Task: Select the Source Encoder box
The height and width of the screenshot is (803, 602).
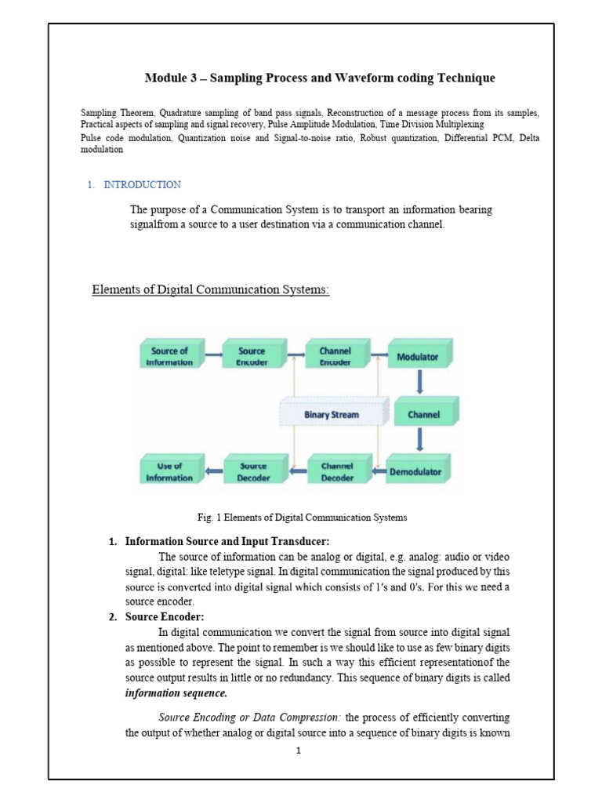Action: (252, 357)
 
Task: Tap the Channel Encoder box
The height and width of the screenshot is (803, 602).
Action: (335, 357)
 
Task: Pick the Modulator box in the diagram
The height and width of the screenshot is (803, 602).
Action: (418, 358)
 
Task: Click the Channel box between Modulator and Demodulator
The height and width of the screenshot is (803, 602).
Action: (422, 414)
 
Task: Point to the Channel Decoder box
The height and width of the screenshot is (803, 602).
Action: (337, 471)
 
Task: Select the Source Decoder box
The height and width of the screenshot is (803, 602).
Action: (253, 471)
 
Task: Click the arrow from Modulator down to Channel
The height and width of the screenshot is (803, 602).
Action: (420, 383)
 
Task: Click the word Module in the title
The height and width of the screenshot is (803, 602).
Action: (164, 78)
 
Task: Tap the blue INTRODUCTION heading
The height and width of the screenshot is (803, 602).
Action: (142, 185)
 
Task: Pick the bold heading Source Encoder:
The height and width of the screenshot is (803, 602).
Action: (165, 617)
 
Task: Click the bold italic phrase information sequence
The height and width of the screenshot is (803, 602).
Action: (176, 693)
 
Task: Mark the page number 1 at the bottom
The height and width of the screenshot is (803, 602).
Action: (299, 750)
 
